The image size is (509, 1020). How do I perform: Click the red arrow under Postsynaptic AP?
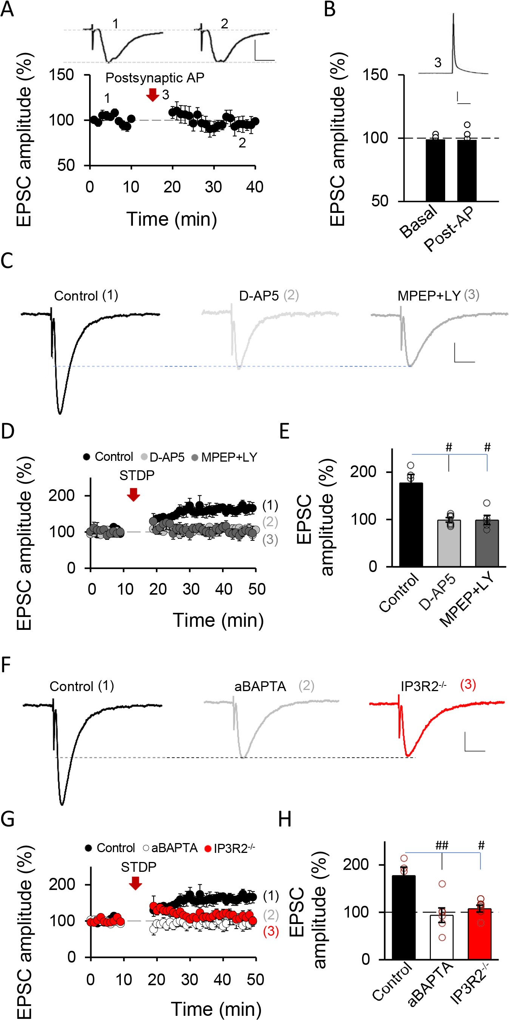(152, 95)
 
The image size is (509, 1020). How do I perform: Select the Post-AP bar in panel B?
(467, 170)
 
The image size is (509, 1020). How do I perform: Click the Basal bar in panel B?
(435, 170)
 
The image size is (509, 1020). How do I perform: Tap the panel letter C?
(7, 261)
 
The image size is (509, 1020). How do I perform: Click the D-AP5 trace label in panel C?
(259, 296)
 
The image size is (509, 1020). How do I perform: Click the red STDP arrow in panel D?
(134, 494)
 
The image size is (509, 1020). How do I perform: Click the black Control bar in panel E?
(411, 525)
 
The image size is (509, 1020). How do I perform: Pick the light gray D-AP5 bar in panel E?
(449, 543)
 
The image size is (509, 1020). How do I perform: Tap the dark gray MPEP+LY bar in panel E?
(486, 543)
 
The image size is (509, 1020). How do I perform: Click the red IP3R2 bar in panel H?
(480, 934)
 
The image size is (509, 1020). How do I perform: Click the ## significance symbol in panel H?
(441, 845)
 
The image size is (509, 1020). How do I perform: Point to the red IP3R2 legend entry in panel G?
(229, 848)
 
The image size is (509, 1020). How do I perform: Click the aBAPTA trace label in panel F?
(260, 686)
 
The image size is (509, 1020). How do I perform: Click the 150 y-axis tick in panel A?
(61, 75)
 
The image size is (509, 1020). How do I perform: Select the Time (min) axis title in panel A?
(172, 219)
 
